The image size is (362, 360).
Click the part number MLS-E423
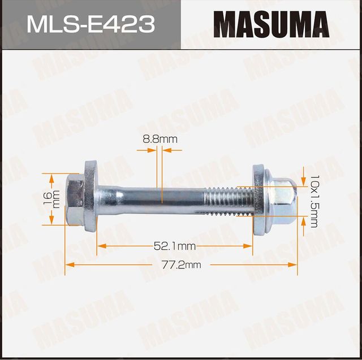(90, 25)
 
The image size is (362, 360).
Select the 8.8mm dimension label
(160, 138)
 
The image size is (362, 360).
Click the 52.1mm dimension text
(174, 246)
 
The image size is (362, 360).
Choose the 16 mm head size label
(50, 199)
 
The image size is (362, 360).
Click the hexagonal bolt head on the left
(74, 198)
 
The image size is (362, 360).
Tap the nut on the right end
(281, 199)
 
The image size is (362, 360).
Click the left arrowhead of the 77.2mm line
(68, 264)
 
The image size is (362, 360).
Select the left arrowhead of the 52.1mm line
(100, 246)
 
